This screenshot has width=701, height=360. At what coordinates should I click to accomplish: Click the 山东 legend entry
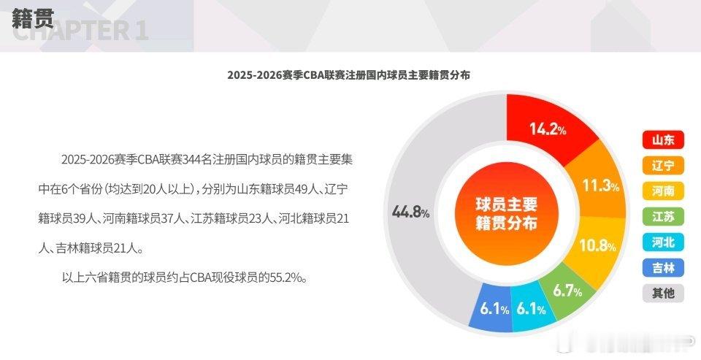point(663,139)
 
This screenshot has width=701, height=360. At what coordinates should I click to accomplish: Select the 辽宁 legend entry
point(663,165)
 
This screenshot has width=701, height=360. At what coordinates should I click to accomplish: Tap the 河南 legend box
point(663,191)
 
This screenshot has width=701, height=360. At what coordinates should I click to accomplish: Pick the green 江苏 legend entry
point(663,216)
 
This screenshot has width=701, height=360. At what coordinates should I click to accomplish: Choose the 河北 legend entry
point(663,242)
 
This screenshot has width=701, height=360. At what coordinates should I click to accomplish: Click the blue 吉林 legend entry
point(663,267)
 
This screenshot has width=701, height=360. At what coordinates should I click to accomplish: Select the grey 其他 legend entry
point(663,293)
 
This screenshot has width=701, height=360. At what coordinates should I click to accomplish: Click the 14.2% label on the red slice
point(548,130)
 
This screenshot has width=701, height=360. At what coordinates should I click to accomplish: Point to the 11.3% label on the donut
point(601,186)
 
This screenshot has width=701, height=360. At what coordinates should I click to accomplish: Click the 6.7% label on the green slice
point(567,291)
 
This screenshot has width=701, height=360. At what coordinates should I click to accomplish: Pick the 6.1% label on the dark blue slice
point(494,310)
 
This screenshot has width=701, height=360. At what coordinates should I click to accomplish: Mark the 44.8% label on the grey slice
point(410,212)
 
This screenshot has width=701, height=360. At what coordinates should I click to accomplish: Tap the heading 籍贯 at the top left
point(33,18)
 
